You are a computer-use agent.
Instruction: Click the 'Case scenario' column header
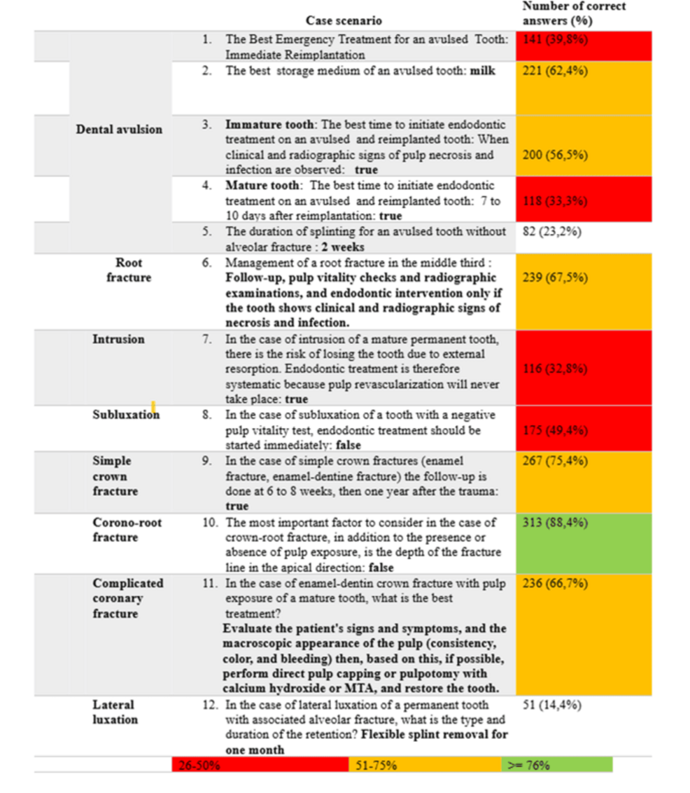click(x=344, y=21)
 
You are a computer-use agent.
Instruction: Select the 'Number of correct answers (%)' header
click(x=574, y=13)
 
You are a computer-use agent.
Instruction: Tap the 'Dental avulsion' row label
click(x=119, y=130)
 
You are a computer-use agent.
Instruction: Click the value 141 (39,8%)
click(x=556, y=40)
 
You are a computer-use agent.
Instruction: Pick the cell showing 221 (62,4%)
click(x=556, y=71)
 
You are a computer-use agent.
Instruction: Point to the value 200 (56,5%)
click(x=556, y=155)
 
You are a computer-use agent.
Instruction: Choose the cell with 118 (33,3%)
click(x=556, y=201)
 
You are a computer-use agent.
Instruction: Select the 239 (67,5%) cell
click(x=556, y=277)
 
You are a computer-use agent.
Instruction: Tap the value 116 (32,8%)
click(x=556, y=369)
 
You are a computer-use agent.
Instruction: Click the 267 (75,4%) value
click(x=556, y=461)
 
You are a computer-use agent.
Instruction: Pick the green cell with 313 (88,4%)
click(x=556, y=523)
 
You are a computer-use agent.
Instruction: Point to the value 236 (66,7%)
click(x=556, y=584)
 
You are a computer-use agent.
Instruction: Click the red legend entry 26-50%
click(x=199, y=765)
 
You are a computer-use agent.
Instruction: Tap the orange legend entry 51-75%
click(x=376, y=765)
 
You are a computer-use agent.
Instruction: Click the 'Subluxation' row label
click(x=126, y=415)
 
